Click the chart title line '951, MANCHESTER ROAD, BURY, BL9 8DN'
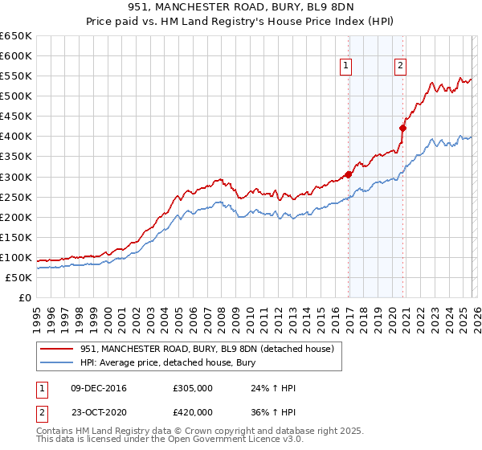[240, 7]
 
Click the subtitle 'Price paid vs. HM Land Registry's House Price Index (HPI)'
[240, 22]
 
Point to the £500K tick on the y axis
[16, 96]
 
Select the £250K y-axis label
[16, 197]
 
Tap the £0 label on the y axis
[25, 298]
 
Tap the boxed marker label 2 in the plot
[399, 67]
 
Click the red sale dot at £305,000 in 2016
[348, 174]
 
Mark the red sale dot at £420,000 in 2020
[403, 127]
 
